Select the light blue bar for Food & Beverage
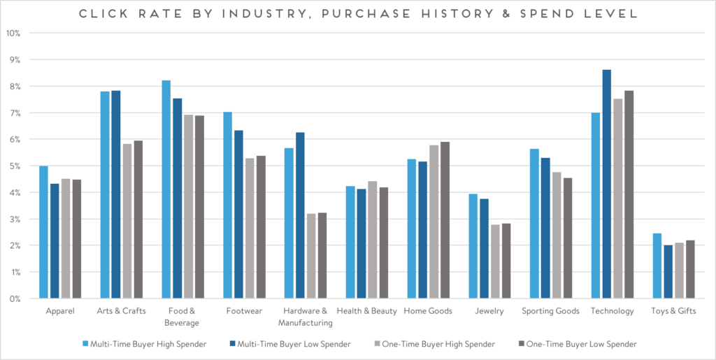pyautogui.click(x=166, y=189)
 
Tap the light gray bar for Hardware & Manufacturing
pyautogui.click(x=311, y=256)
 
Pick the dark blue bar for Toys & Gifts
pyautogui.click(x=668, y=272)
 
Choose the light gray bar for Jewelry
pyautogui.click(x=495, y=261)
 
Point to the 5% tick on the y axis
pyautogui.click(x=14, y=166)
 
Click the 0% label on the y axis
pyautogui.click(x=14, y=298)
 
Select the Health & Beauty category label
pyautogui.click(x=366, y=311)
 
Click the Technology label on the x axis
pyautogui.click(x=612, y=311)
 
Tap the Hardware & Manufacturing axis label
pyautogui.click(x=305, y=317)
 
